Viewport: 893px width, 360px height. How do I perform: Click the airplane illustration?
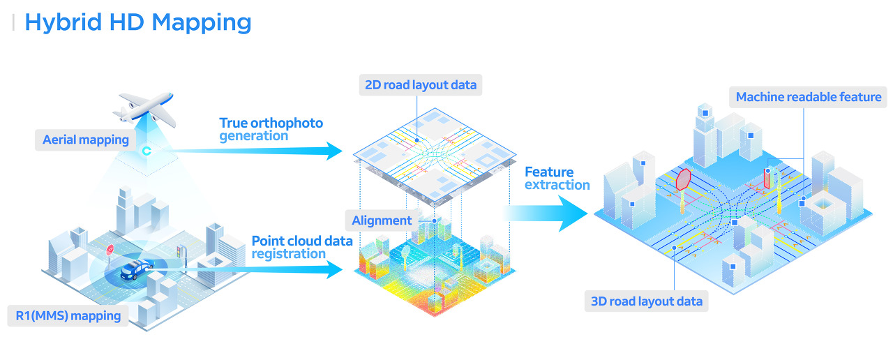tap(144, 108)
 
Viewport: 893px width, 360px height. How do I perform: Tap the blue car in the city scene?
tap(137, 269)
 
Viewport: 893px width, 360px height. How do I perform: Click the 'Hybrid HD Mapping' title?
tap(137, 22)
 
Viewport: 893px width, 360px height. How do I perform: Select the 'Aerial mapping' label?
tap(86, 140)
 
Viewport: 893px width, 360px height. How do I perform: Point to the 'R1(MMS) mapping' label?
tap(68, 315)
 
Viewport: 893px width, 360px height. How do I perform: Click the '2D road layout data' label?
tap(421, 85)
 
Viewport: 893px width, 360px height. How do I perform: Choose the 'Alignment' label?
tap(382, 220)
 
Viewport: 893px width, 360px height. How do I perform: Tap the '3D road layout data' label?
tap(646, 301)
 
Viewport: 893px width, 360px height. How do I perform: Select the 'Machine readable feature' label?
tap(809, 97)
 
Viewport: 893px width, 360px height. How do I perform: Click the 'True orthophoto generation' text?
tap(271, 129)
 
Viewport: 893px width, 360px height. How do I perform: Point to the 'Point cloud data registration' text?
tap(301, 247)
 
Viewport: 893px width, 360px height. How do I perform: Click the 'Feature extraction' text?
tap(557, 178)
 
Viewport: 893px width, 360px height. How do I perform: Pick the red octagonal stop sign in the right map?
tap(683, 179)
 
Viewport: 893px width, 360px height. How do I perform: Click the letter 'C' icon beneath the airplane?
tap(147, 150)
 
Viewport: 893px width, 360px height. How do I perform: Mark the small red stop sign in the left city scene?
tap(110, 249)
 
